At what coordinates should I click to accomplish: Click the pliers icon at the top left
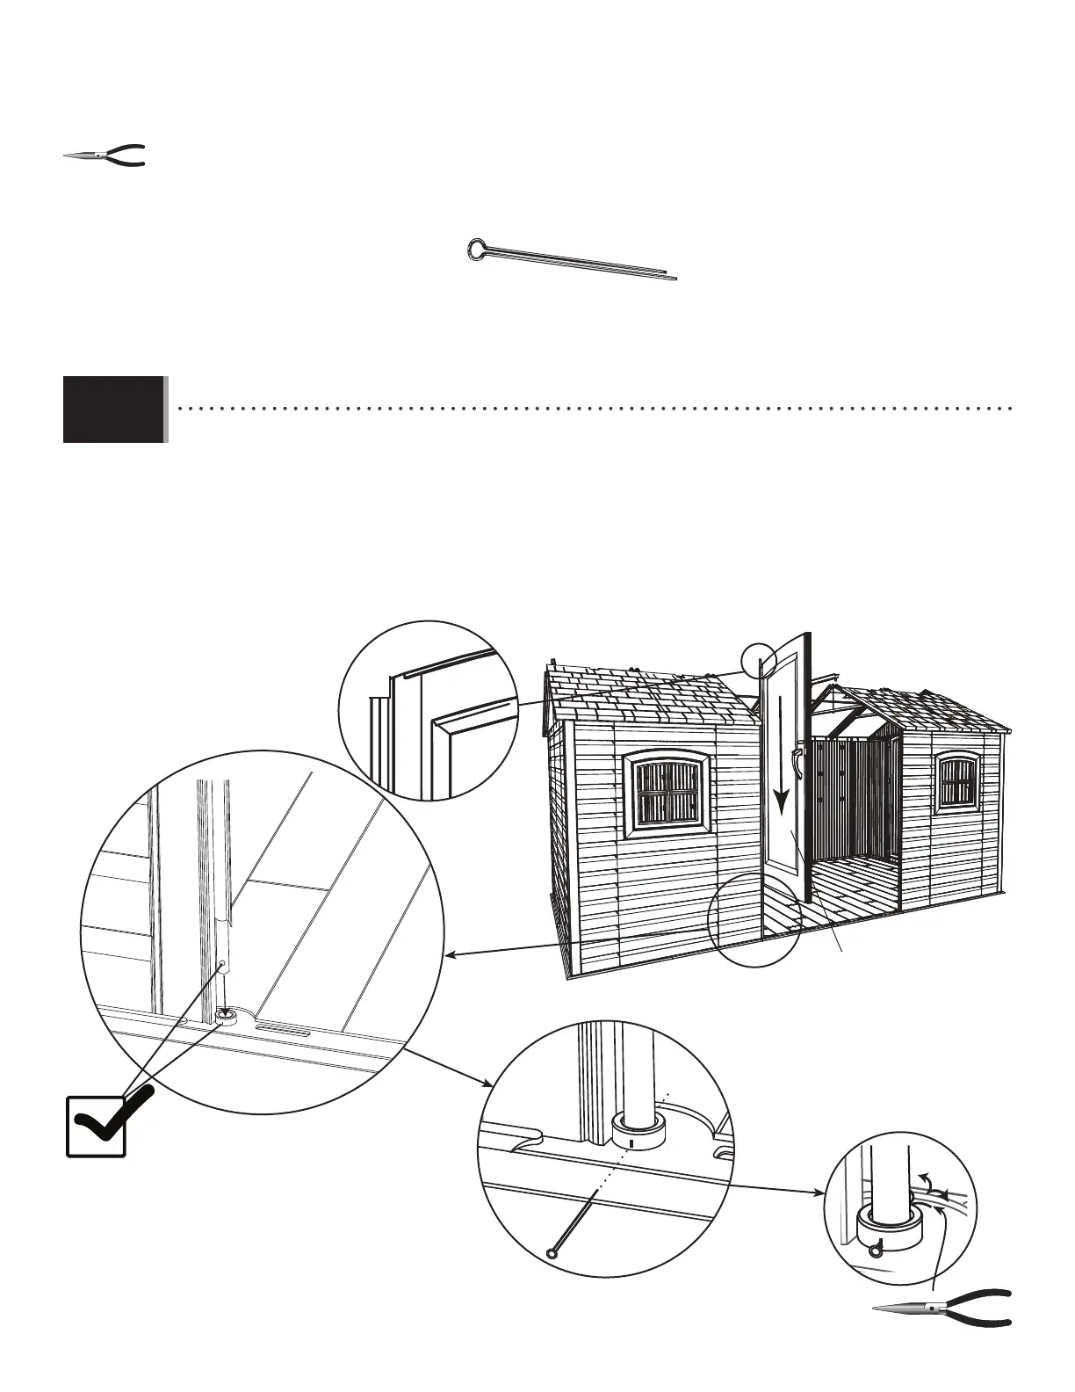click(x=104, y=156)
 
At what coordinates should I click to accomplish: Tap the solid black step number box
click(x=114, y=409)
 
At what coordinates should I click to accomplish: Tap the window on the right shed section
click(x=958, y=781)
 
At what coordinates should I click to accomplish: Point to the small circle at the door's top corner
click(x=759, y=658)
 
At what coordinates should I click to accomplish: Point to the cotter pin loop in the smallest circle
click(x=876, y=1252)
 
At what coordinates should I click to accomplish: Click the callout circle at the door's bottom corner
click(x=754, y=919)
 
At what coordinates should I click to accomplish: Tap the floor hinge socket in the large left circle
click(x=227, y=1016)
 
